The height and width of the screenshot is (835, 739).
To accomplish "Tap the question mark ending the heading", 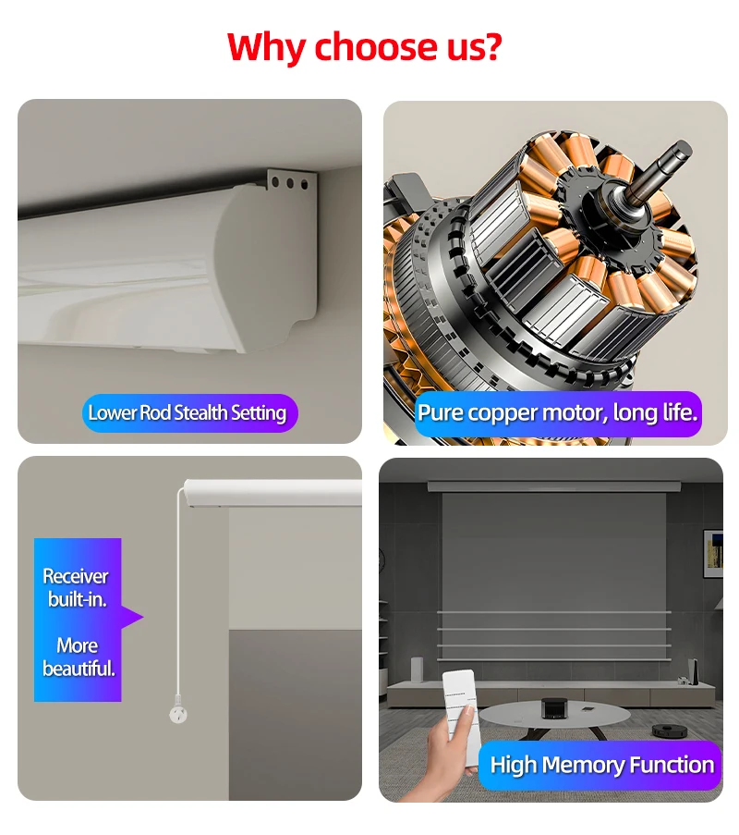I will coord(492,45).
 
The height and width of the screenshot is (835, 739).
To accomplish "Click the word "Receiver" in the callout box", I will coord(76,576).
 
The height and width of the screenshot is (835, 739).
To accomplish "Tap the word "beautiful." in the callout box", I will coord(79,668).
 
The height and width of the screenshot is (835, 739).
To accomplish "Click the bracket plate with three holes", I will coord(288,182).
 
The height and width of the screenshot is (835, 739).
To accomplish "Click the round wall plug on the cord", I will coord(177,714).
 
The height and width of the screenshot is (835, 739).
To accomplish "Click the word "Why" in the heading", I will coord(265,45).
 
